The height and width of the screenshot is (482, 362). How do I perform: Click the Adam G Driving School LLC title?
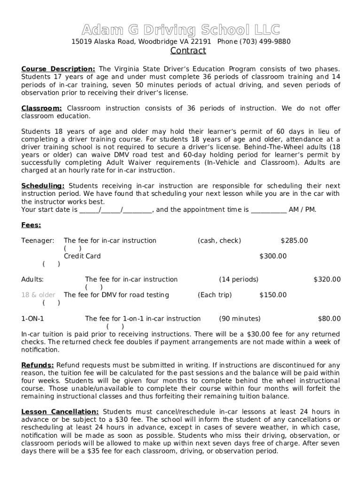click(181, 30)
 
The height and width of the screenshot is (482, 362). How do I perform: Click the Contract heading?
click(188, 51)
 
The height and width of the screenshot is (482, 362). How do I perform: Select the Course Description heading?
click(58, 69)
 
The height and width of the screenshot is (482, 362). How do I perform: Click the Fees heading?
click(31, 225)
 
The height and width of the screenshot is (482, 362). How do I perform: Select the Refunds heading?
click(38, 365)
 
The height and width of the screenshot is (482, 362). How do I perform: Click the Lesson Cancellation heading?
click(60, 411)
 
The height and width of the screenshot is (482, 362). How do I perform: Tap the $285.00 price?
click(294, 241)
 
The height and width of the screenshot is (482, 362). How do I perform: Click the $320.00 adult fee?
click(327, 279)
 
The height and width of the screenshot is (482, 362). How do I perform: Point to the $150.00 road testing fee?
click(273, 295)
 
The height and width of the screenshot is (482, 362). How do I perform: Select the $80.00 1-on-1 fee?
click(329, 319)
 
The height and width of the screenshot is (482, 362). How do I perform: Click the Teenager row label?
click(38, 241)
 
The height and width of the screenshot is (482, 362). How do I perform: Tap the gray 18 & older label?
click(38, 295)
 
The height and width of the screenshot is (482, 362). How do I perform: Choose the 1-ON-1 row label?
click(32, 319)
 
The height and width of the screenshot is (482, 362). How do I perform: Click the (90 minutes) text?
click(240, 319)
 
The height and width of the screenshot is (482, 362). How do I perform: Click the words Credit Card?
click(82, 256)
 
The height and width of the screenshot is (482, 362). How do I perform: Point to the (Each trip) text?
click(214, 295)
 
